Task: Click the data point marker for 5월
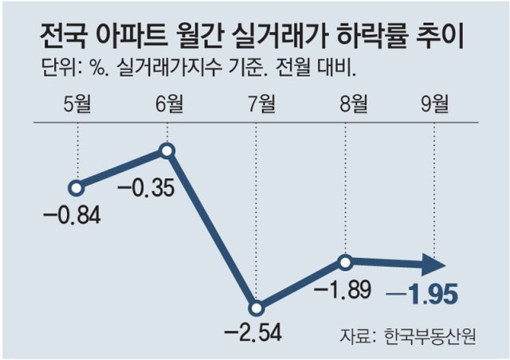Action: [x=76, y=189]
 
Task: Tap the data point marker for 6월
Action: [x=167, y=150]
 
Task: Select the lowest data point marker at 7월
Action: [x=256, y=308]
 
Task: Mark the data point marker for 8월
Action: [x=345, y=262]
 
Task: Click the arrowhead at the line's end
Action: [x=433, y=264]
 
